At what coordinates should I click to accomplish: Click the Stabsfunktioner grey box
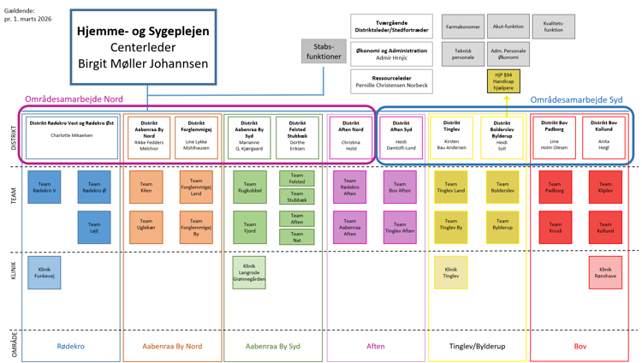coord(324,51)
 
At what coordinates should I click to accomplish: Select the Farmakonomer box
coord(463,27)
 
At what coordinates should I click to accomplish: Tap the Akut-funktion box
coord(508,27)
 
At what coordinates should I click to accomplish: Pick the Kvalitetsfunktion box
coord(553,27)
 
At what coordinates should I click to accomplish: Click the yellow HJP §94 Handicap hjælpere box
coord(504,81)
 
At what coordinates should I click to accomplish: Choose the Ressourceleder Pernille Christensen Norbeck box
coord(390,81)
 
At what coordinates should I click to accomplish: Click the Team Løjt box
coord(94,228)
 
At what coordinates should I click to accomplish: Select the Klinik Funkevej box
coord(45,271)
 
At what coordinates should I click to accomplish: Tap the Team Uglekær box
coord(146,228)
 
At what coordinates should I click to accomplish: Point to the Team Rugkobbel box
coord(249,187)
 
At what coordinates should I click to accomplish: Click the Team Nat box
coord(296,237)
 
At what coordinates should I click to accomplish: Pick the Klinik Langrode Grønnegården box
coord(249,271)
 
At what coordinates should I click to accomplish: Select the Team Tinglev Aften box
coord(400,228)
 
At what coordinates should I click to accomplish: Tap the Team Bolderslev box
coord(502,187)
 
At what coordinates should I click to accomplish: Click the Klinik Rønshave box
coord(605,271)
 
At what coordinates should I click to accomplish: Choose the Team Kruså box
coord(555,228)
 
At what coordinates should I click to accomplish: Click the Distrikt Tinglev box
coord(451,136)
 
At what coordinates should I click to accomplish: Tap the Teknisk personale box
coord(463,55)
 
